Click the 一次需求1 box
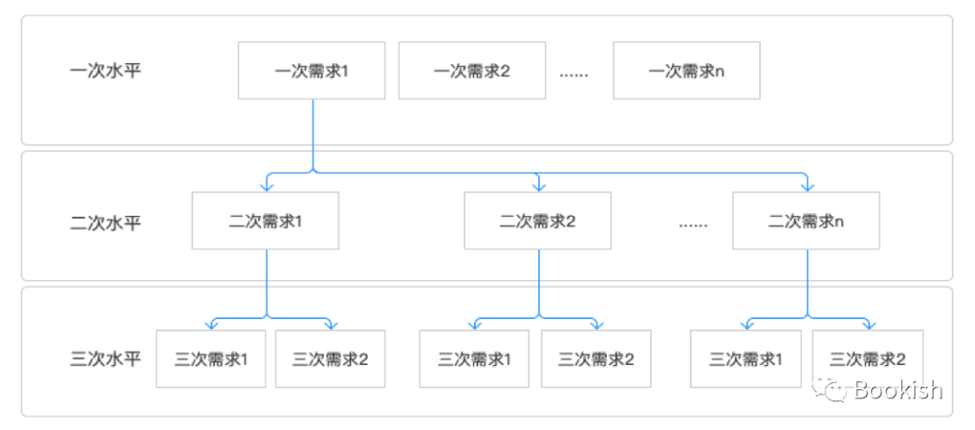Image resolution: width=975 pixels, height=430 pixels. [311, 70]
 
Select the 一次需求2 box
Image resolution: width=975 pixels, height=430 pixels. [471, 70]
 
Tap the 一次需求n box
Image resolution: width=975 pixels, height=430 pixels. [686, 70]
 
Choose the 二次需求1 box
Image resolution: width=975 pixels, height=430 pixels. [265, 220]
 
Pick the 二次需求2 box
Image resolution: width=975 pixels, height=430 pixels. [538, 220]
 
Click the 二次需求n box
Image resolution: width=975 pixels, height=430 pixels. [806, 220]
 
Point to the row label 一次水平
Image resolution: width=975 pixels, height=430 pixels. [106, 70]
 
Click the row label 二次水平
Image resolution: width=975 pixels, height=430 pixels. [106, 222]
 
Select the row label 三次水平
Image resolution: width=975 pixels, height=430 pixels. [106, 359]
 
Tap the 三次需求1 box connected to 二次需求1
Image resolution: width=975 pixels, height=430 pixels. [210, 359]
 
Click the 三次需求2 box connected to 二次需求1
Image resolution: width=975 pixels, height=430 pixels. [330, 359]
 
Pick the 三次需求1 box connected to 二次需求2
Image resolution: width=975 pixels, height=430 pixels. [475, 359]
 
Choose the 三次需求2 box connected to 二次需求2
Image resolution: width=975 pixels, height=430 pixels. [596, 359]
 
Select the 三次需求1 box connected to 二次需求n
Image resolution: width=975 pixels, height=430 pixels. [745, 359]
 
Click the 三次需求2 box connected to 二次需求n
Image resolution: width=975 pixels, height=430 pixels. [868, 359]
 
